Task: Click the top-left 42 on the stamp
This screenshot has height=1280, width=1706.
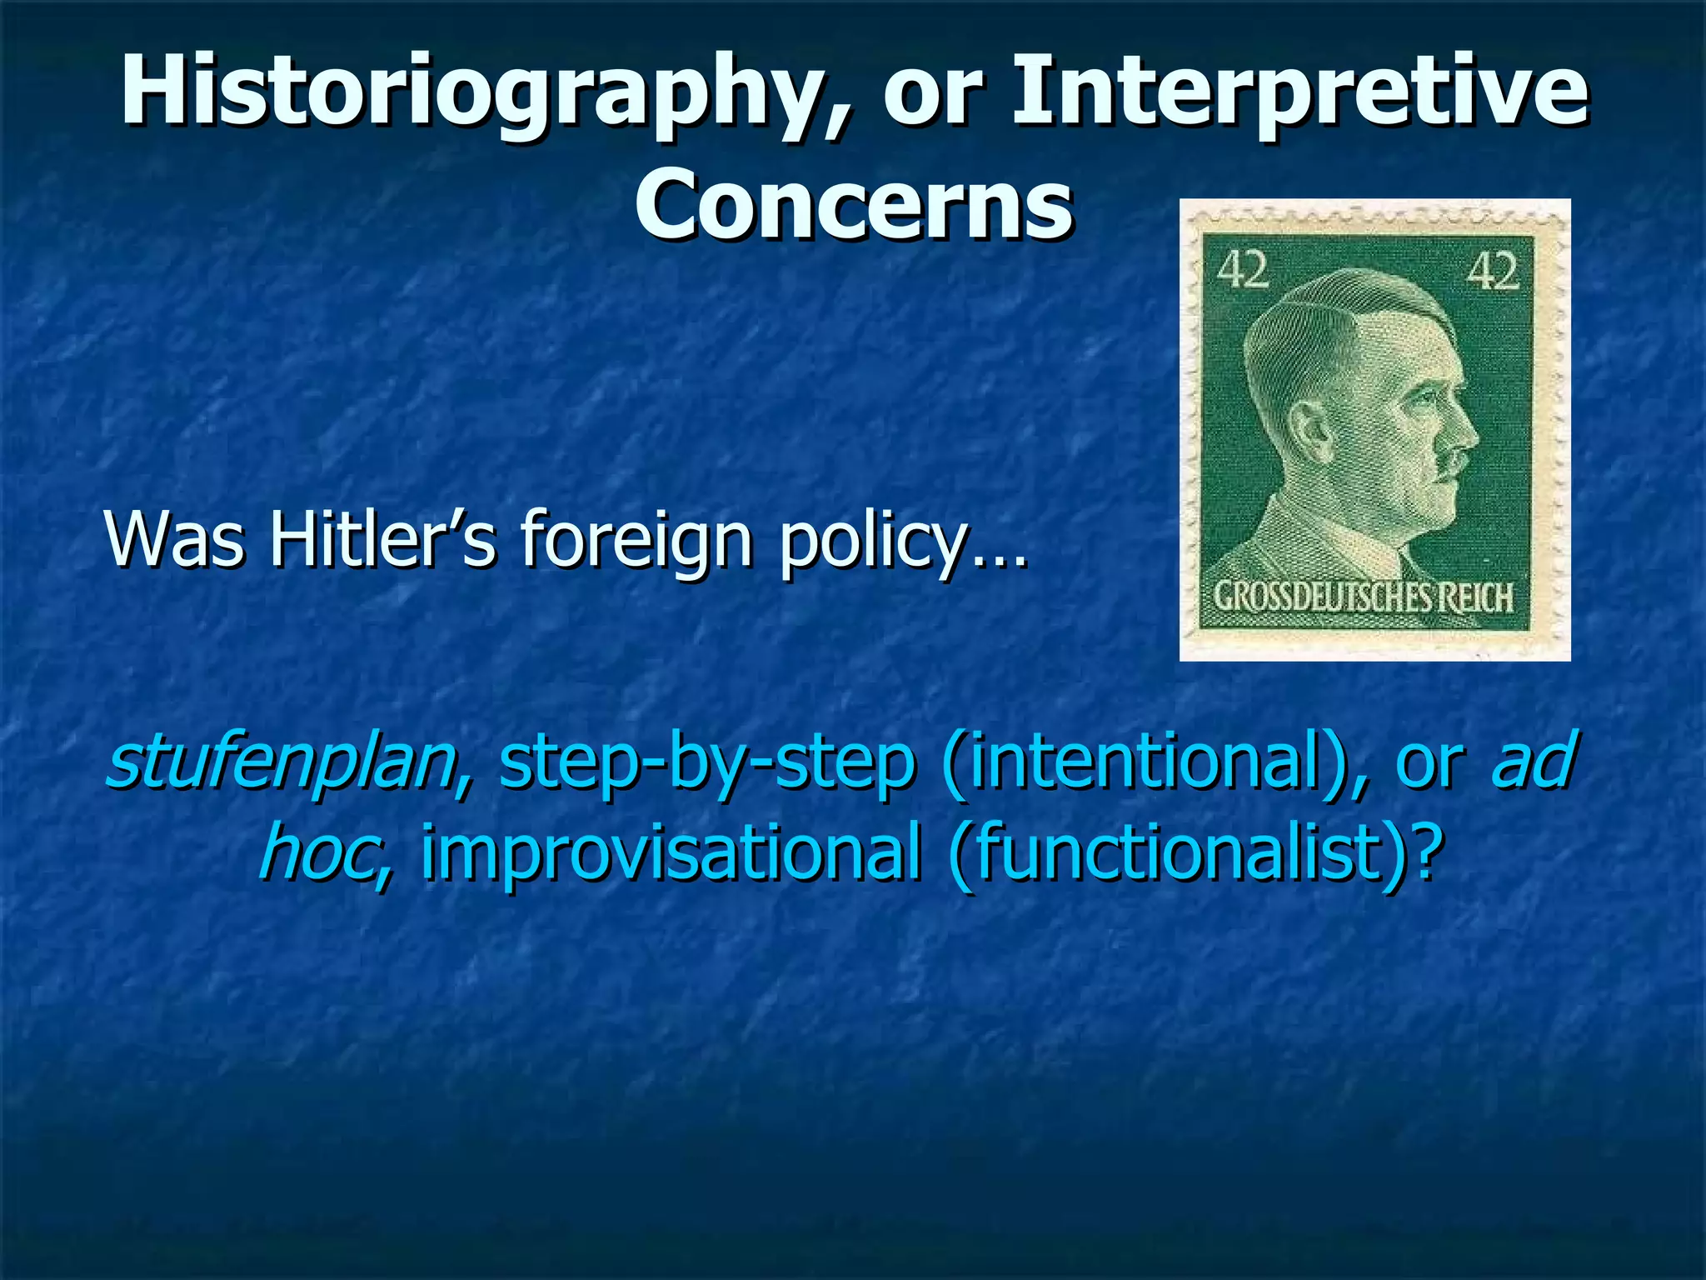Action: click(x=1243, y=270)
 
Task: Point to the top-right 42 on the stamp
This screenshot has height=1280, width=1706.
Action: click(x=1493, y=271)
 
